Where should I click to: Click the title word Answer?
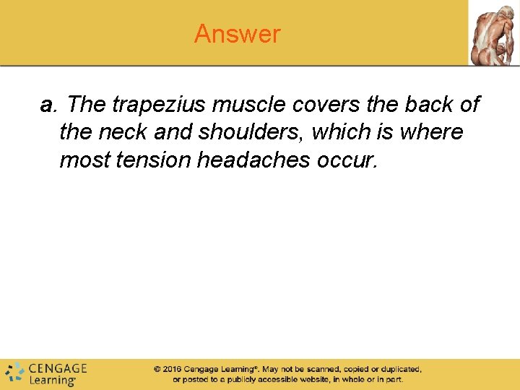[x=237, y=34]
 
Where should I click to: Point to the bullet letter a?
[x=48, y=105]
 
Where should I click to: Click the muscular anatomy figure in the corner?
[x=494, y=33]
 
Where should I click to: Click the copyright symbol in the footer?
[x=157, y=369]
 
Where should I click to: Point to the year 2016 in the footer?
[x=171, y=369]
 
